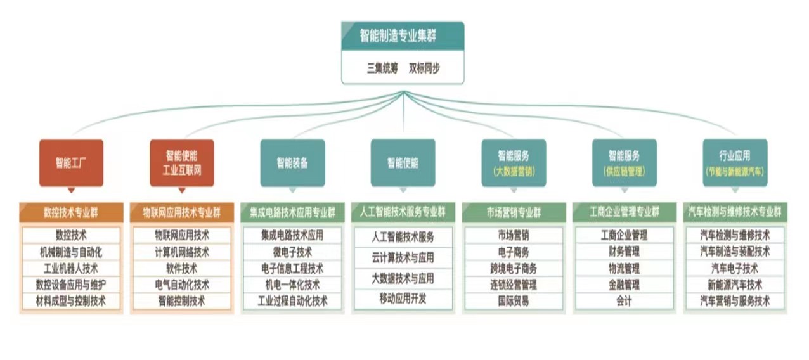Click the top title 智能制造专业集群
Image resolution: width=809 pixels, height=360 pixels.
click(402, 35)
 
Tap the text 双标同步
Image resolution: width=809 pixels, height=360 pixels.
click(424, 68)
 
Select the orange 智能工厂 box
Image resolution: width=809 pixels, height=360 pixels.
click(71, 162)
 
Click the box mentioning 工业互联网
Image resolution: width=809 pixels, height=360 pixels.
click(182, 162)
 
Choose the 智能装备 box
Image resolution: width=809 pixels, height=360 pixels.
click(292, 162)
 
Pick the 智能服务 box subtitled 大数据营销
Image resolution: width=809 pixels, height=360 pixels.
click(514, 162)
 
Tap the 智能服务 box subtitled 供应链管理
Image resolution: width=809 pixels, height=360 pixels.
click(624, 162)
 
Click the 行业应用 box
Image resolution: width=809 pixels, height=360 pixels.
click(735, 162)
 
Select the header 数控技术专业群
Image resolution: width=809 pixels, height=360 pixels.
click(71, 212)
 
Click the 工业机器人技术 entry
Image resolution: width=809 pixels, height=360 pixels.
click(71, 268)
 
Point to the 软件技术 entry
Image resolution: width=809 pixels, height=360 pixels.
click(182, 268)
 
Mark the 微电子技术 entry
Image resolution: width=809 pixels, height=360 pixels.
click(292, 252)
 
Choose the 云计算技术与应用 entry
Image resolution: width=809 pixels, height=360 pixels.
click(403, 258)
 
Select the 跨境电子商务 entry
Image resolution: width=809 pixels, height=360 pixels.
click(514, 268)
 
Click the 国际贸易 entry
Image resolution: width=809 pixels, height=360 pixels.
click(514, 301)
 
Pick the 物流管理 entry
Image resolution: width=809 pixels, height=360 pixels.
click(624, 268)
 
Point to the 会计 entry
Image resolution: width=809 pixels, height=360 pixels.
click(624, 301)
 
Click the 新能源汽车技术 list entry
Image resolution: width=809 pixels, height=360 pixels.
click(735, 285)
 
